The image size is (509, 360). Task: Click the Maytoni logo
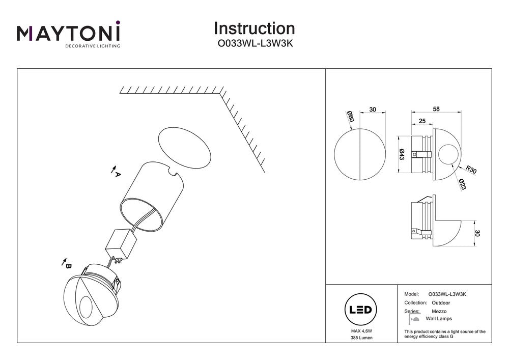(69, 35)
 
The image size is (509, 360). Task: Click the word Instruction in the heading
(254, 29)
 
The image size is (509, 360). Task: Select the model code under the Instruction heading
(254, 44)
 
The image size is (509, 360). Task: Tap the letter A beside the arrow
(118, 174)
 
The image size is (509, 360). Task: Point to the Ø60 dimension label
(350, 117)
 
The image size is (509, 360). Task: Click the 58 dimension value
(436, 109)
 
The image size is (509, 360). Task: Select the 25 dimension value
(422, 121)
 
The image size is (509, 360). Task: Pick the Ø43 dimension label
(402, 154)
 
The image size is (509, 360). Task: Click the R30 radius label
(470, 172)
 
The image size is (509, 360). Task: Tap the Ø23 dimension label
(462, 185)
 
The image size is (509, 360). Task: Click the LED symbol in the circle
(360, 310)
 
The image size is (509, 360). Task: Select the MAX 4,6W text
(360, 331)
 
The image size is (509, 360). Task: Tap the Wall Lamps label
(438, 319)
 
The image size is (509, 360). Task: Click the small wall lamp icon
(414, 319)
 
